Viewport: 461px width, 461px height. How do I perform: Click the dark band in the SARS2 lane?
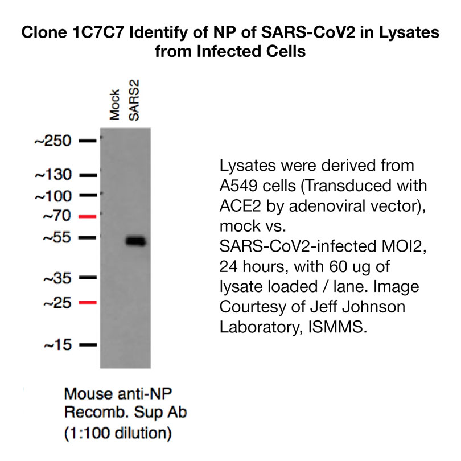[136, 241]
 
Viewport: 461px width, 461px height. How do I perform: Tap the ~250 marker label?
[53, 141]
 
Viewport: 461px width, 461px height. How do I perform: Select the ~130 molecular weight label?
[53, 175]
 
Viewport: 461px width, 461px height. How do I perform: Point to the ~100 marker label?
[53, 196]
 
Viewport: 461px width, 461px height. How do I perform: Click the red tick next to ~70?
[88, 217]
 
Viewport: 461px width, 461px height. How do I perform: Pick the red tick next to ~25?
[88, 302]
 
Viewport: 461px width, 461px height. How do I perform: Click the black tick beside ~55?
[88, 237]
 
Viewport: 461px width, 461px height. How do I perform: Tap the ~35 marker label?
[57, 278]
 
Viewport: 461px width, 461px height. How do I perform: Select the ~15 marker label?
[57, 344]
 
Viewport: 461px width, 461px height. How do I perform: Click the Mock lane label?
[114, 105]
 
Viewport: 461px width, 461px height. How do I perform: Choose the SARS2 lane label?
[134, 100]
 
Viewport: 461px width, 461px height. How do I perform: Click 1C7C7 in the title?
[98, 32]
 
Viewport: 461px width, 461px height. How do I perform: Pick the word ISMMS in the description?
[337, 327]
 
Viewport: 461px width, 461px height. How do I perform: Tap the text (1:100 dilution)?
[118, 433]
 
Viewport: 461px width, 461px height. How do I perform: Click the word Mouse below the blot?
[88, 393]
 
